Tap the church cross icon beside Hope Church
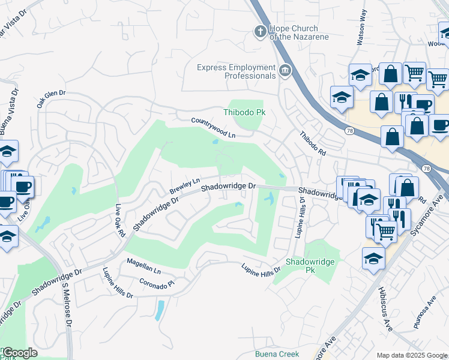point(260,32)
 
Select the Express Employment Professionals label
point(236,71)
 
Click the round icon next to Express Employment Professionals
point(285,72)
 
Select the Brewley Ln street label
point(184,186)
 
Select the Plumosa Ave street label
point(424,313)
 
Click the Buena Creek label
point(277,354)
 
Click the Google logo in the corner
point(19,353)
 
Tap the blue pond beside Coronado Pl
point(159,310)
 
